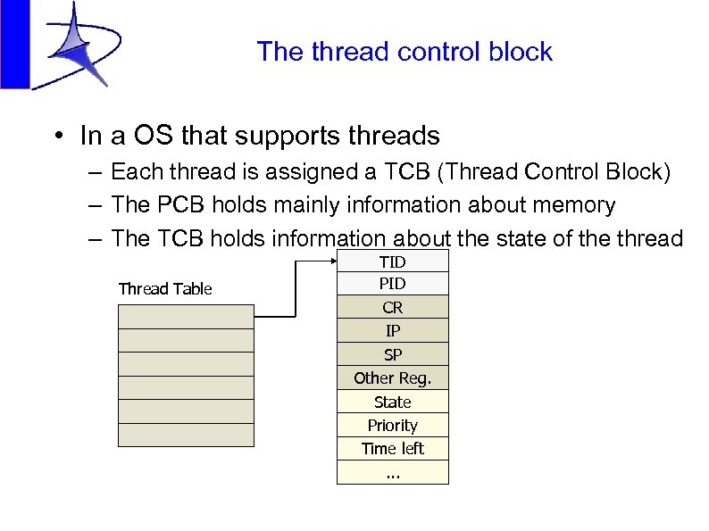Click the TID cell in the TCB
(392, 261)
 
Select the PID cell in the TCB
(392, 284)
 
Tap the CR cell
(392, 308)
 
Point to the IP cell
(392, 331)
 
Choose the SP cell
(392, 354)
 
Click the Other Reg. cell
(392, 378)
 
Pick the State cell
(392, 402)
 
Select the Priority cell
(392, 425)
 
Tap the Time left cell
(392, 448)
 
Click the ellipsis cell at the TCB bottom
(392, 472)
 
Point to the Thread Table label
(165, 288)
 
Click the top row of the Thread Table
(186, 317)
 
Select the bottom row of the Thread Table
(186, 435)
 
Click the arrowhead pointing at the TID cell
(330, 261)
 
